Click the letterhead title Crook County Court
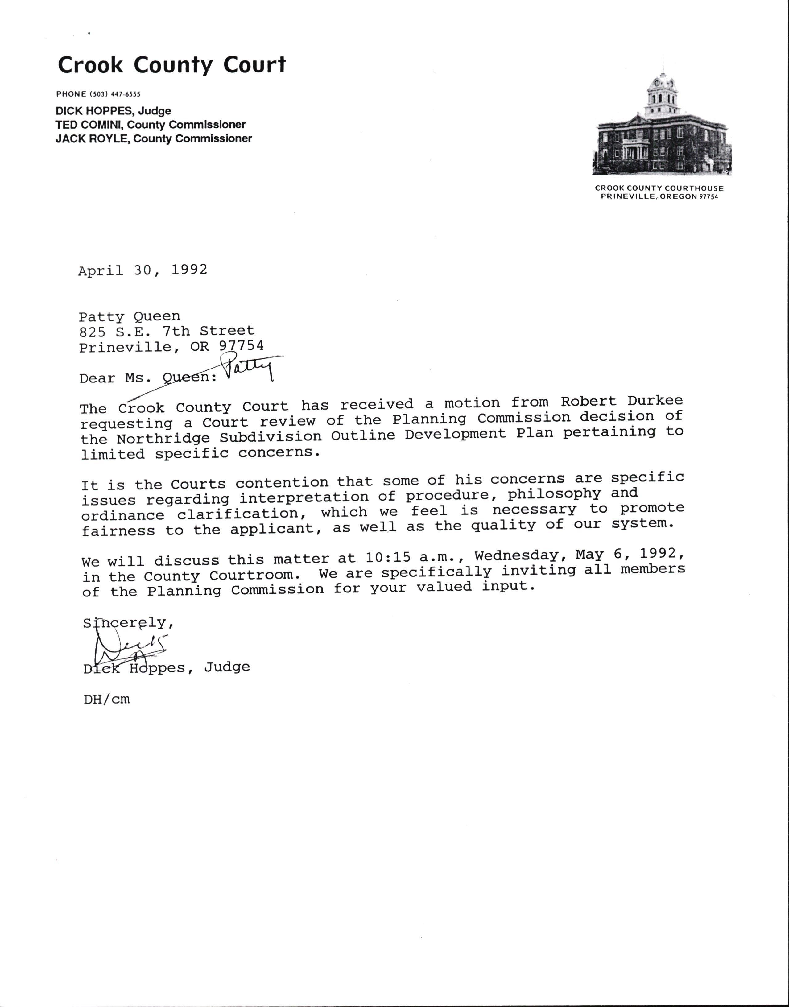coord(171,65)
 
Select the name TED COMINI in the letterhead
coord(90,125)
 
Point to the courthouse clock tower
coord(662,95)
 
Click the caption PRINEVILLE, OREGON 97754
coord(659,197)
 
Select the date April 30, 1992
coord(143,270)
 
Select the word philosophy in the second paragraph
coord(554,494)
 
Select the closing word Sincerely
coord(126,623)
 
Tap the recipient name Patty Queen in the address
coord(129,317)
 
